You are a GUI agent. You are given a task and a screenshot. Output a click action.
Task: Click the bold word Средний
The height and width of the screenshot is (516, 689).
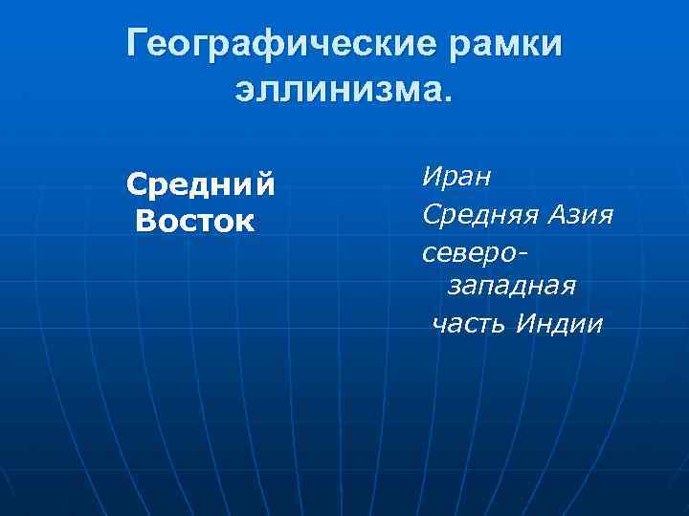click(x=202, y=183)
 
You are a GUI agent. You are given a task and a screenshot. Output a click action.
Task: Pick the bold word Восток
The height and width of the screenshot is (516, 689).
click(x=195, y=222)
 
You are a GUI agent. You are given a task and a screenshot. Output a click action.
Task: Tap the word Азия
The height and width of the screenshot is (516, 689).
click(x=578, y=214)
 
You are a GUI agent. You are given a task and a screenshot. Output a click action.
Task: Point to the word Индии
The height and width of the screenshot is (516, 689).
click(x=559, y=324)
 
